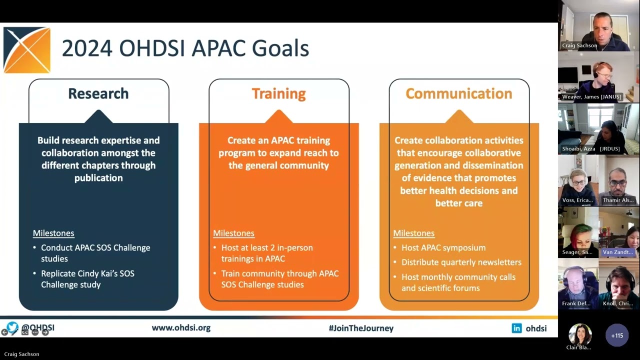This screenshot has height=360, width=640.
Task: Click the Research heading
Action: [x=98, y=93]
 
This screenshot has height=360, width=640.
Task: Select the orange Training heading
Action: [x=278, y=93]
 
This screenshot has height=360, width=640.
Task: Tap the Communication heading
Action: [x=458, y=93]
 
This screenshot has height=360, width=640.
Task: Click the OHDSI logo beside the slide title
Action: [x=27, y=50]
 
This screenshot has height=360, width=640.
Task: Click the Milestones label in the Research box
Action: [x=53, y=233]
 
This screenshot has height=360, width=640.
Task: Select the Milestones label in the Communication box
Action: [x=413, y=233]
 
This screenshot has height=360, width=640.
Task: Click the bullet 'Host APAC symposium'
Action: [x=443, y=247]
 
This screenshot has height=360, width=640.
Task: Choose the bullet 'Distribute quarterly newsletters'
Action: [x=461, y=262]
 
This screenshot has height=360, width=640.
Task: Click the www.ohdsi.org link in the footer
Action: [x=181, y=328]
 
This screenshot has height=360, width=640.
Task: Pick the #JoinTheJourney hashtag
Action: [x=361, y=328]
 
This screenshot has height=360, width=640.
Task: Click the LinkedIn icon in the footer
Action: [x=516, y=328]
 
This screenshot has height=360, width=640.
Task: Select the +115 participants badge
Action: [x=617, y=335]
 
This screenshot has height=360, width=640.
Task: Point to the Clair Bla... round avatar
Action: [x=580, y=334]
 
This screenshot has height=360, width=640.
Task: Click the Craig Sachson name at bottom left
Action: [x=21, y=354]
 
